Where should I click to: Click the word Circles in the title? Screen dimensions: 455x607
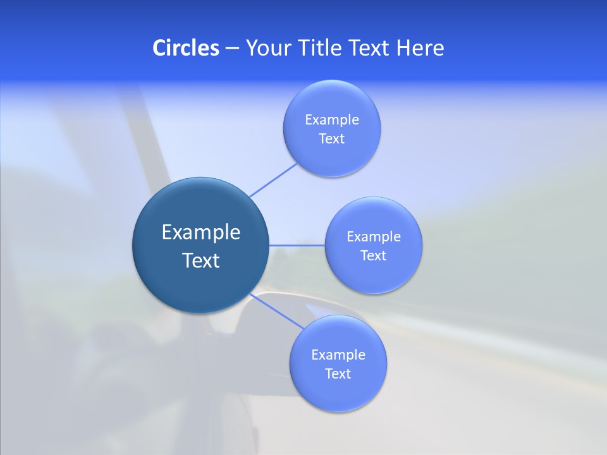point(185,48)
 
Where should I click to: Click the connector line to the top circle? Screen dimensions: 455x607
point(273,179)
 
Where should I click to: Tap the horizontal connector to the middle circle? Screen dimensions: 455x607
point(297,245)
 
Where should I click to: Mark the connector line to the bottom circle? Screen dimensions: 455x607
point(278,311)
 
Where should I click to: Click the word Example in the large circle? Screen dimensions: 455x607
point(201,233)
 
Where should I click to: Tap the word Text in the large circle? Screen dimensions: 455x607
point(201,260)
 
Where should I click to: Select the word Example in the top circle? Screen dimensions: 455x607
point(332,120)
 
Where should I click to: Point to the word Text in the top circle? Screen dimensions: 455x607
point(332,139)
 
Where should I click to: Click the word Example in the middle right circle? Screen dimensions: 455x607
point(374,237)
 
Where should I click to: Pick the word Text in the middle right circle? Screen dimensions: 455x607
point(374,256)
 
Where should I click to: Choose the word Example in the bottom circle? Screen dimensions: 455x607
point(338,355)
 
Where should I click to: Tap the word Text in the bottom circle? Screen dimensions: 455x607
point(338,374)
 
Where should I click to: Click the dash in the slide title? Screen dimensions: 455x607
point(232,49)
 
